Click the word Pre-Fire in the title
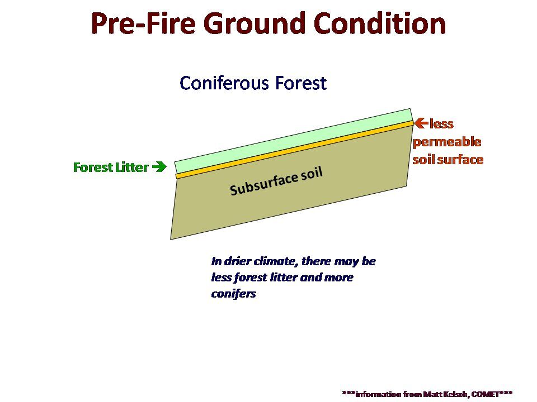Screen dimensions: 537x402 pyautogui.click(x=143, y=23)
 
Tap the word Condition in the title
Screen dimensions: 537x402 pyautogui.click(x=380, y=23)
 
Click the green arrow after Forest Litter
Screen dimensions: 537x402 pyautogui.click(x=159, y=167)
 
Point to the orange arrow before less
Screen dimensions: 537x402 pyautogui.click(x=421, y=123)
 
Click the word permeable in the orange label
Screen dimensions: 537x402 pyautogui.click(x=447, y=142)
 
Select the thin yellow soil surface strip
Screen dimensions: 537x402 pyautogui.click(x=295, y=150)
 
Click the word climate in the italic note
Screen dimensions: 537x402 pyautogui.click(x=272, y=261)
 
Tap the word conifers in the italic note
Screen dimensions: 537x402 pyautogui.click(x=234, y=294)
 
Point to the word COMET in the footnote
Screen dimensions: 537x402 pyautogui.click(x=486, y=394)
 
